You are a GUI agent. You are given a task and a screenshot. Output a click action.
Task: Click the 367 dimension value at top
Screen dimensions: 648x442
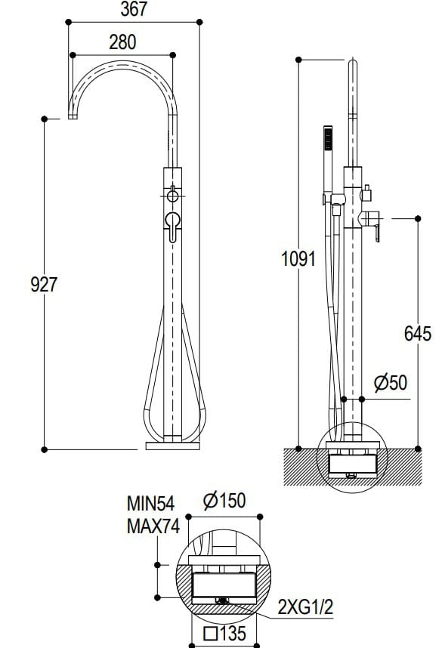click(x=134, y=10)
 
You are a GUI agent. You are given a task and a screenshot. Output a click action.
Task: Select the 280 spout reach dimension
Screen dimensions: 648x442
click(x=122, y=42)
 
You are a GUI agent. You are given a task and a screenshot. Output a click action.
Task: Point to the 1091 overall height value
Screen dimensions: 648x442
click(x=298, y=259)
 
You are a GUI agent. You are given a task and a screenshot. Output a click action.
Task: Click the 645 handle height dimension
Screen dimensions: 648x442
click(x=417, y=333)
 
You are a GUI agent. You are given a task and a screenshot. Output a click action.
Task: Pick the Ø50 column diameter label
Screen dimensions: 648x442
click(x=390, y=383)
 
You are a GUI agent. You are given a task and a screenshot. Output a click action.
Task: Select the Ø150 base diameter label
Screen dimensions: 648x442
click(x=224, y=500)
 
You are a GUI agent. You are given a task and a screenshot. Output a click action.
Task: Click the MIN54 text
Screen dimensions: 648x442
click(x=150, y=504)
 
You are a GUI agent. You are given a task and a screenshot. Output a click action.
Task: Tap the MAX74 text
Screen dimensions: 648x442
click(x=152, y=526)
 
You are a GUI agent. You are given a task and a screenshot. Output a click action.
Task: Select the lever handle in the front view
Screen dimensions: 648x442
click(x=173, y=224)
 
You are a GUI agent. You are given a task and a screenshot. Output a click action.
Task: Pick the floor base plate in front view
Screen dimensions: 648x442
click(x=172, y=446)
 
